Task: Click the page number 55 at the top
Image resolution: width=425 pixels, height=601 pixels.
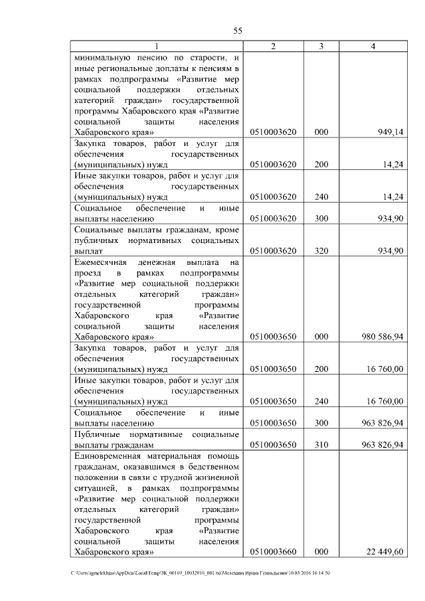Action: (x=238, y=31)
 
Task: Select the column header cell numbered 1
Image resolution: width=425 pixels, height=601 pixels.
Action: (x=157, y=46)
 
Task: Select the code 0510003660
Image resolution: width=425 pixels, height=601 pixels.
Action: (x=273, y=552)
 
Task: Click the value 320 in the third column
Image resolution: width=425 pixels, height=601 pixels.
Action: (x=321, y=250)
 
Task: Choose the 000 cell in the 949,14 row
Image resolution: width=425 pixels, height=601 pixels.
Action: (x=321, y=133)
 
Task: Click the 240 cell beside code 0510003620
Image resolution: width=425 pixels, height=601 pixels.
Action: (x=321, y=197)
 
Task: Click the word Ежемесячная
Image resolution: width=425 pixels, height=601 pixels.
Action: (x=102, y=262)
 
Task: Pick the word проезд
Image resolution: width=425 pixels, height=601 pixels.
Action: (x=88, y=273)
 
